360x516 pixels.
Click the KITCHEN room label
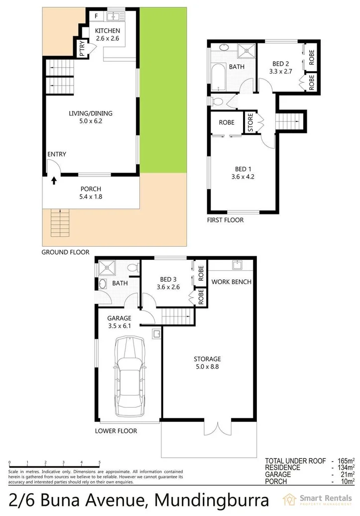[x=108, y=31]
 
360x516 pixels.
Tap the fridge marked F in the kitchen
[x=97, y=16]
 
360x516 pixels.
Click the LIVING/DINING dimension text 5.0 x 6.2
[x=91, y=121]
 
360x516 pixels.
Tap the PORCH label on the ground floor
[x=91, y=189]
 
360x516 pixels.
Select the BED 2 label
[x=281, y=63]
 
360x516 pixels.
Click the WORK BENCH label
[x=232, y=282]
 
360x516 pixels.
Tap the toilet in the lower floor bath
[x=131, y=269]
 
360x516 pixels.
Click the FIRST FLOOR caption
[x=226, y=220]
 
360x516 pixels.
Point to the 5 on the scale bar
[x=100, y=462]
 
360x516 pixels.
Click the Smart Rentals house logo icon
[x=289, y=500]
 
